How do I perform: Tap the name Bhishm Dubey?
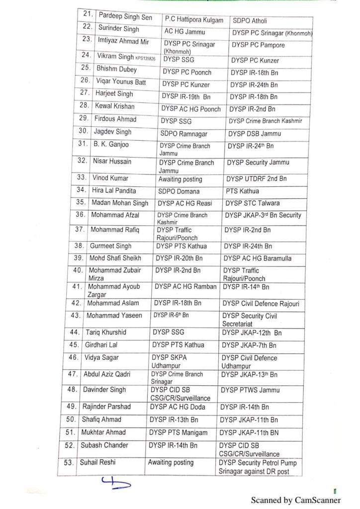pyautogui.click(x=116, y=70)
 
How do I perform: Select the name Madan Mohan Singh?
pyautogui.click(x=119, y=202)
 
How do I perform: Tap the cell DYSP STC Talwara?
pyautogui.click(x=252, y=203)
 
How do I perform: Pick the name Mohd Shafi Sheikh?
pyautogui.click(x=115, y=258)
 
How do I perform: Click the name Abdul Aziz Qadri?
pyautogui.click(x=113, y=374)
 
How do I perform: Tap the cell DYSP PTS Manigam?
pyautogui.click(x=178, y=432)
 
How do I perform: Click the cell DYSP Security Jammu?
pyautogui.click(x=257, y=163)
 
